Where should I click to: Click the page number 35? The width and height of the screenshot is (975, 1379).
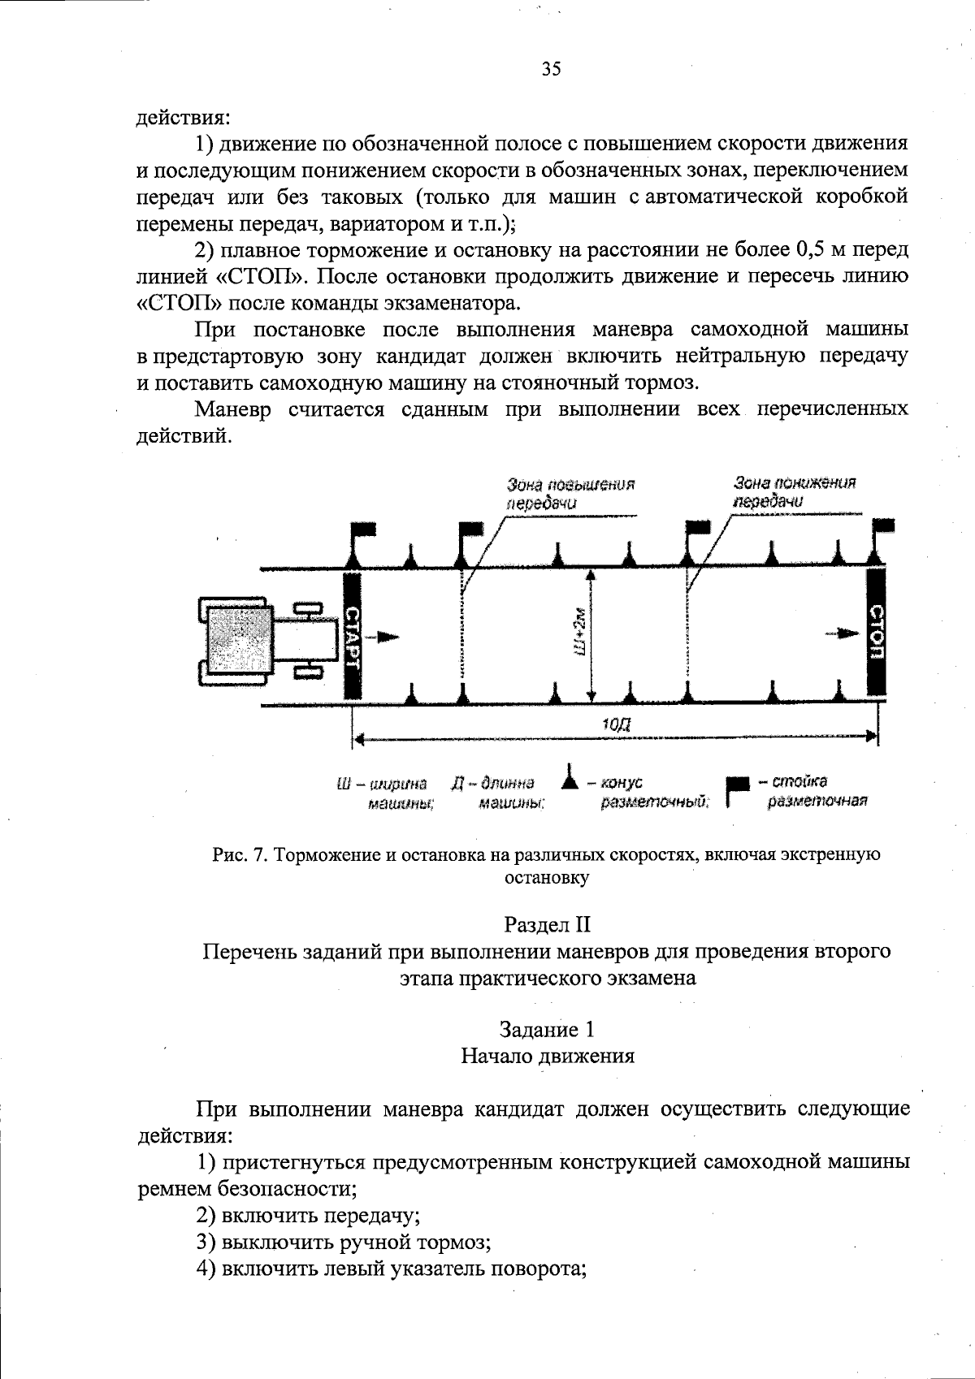tap(551, 69)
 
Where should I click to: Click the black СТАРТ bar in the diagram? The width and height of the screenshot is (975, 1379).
tap(351, 635)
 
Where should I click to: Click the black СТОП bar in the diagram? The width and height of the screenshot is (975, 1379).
tap(876, 632)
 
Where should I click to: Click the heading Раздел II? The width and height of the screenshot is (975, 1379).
tap(547, 924)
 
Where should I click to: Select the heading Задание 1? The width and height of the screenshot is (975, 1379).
tap(547, 1030)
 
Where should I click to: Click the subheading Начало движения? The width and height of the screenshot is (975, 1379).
tap(547, 1056)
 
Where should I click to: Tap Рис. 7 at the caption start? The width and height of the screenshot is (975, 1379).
tap(239, 854)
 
